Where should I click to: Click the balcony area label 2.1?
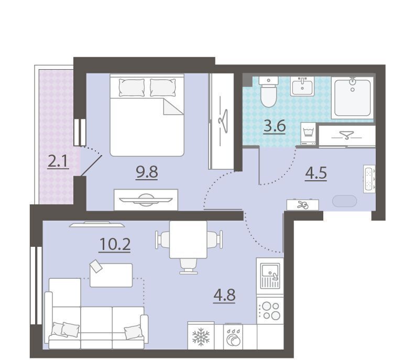[x=58, y=161]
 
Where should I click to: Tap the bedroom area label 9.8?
[x=147, y=172]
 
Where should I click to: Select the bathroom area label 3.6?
[x=275, y=126]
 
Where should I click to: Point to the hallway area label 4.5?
[x=316, y=173]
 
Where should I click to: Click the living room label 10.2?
[x=115, y=244]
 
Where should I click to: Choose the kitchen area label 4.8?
[x=224, y=295]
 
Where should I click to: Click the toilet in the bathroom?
[x=269, y=92]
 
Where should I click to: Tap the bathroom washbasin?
[x=302, y=86]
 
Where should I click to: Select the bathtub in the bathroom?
[x=352, y=97]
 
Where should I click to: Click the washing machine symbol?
[x=308, y=134]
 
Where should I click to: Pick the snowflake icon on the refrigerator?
[x=201, y=336]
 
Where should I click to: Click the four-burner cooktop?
[x=270, y=311]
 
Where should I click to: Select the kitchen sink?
[x=270, y=275]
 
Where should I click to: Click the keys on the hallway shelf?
[x=302, y=204]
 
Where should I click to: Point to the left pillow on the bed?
[x=132, y=88]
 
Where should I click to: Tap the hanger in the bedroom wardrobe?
[x=224, y=121]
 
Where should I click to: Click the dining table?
[x=188, y=239]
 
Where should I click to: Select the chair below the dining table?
[x=189, y=266]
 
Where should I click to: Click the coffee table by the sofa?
[x=111, y=275]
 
